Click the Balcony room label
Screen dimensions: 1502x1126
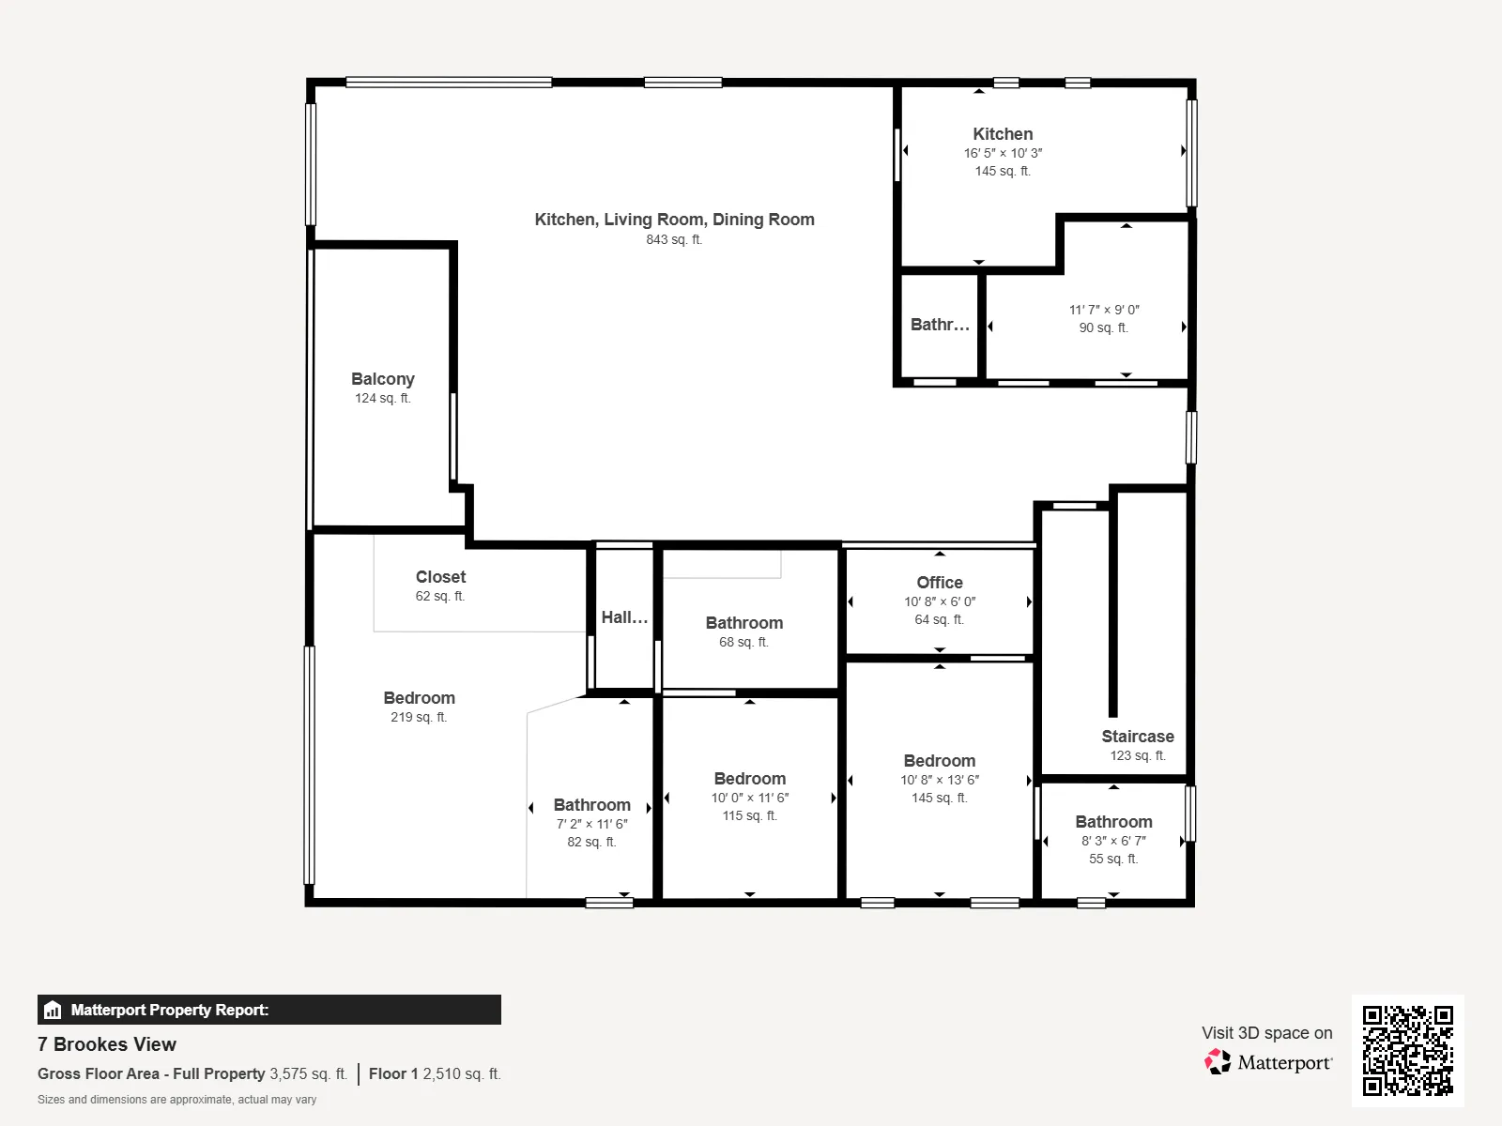coord(382,379)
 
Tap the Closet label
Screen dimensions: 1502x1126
coord(440,577)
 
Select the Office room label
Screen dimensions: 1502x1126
coord(940,583)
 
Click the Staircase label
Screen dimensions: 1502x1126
coord(1137,737)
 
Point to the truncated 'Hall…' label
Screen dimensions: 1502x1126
coord(624,617)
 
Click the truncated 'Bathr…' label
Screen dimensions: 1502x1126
coord(940,324)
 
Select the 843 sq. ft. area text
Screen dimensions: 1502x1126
coord(674,239)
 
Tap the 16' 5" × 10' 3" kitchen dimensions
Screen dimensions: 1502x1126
coord(1004,153)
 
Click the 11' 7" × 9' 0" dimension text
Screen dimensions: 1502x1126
coord(1104,310)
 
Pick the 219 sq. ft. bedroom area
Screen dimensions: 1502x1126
coord(419,717)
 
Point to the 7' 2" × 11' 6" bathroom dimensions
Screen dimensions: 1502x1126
coord(592,824)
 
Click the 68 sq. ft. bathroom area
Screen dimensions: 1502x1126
coord(743,642)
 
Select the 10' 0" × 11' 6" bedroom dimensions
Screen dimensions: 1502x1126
coord(750,798)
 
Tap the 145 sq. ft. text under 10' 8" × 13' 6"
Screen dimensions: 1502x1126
coord(940,798)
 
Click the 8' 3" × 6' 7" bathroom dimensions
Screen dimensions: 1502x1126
coord(1113,841)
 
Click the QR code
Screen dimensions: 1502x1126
coord(1407,1051)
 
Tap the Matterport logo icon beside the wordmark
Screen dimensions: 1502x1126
coord(1218,1062)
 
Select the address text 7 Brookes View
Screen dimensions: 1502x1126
coord(107,1044)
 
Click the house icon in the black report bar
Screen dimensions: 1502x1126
coord(53,1010)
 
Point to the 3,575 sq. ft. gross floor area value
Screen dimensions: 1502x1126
coord(309,1073)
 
